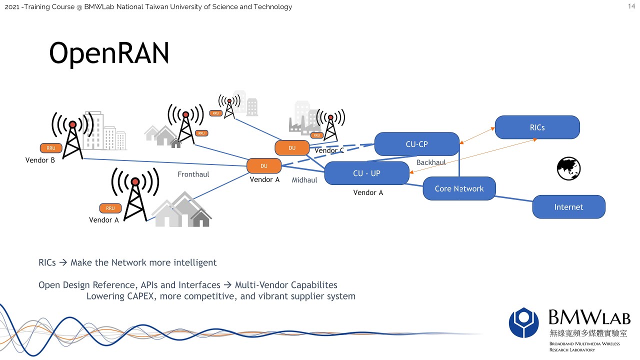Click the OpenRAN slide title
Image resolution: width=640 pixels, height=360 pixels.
tap(109, 53)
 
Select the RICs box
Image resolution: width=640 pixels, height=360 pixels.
tap(537, 127)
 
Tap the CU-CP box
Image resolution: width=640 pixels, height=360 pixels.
tap(416, 144)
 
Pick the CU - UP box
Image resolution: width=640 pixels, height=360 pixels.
tap(366, 173)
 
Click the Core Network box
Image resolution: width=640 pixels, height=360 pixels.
tap(459, 188)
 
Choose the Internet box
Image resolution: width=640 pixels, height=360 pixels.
tap(568, 207)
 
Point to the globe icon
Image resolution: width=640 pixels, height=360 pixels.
tap(568, 168)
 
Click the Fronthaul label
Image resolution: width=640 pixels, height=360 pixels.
tap(193, 174)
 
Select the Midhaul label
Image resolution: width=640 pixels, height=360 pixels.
tap(304, 180)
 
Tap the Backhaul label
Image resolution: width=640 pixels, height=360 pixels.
tap(431, 162)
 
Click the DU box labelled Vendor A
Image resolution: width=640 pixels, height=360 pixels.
tap(264, 166)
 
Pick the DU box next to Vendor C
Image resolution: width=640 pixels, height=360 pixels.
tap(292, 148)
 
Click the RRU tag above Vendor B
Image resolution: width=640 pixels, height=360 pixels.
tap(51, 148)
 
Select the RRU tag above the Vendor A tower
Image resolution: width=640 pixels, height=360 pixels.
tap(110, 208)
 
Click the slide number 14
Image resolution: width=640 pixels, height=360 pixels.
tap(631, 6)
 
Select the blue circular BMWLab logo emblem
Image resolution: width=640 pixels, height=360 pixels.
tap(523, 322)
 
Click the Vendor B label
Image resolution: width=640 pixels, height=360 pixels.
tap(40, 160)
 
